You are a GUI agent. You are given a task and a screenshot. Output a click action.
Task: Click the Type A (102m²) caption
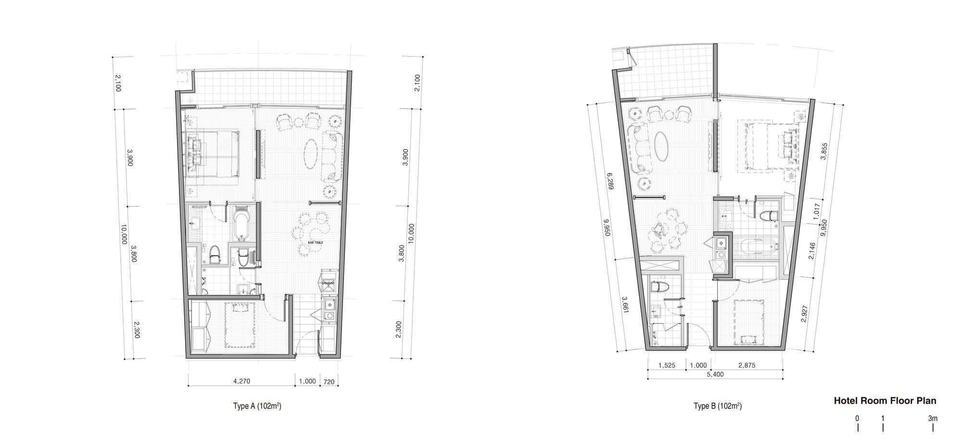click(257, 406)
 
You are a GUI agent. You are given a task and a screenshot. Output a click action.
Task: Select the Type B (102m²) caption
click(718, 406)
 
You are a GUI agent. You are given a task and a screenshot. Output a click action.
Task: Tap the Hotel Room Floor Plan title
click(885, 400)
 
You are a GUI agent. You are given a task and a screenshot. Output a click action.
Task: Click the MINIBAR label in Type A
click(328, 284)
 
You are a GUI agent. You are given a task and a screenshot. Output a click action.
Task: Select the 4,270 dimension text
click(241, 382)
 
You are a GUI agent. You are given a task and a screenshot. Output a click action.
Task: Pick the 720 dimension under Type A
click(329, 382)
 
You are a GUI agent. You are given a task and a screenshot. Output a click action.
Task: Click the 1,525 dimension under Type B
click(667, 365)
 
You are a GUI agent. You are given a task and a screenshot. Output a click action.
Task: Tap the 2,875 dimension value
click(747, 365)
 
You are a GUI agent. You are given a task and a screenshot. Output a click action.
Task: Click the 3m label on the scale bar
click(933, 419)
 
